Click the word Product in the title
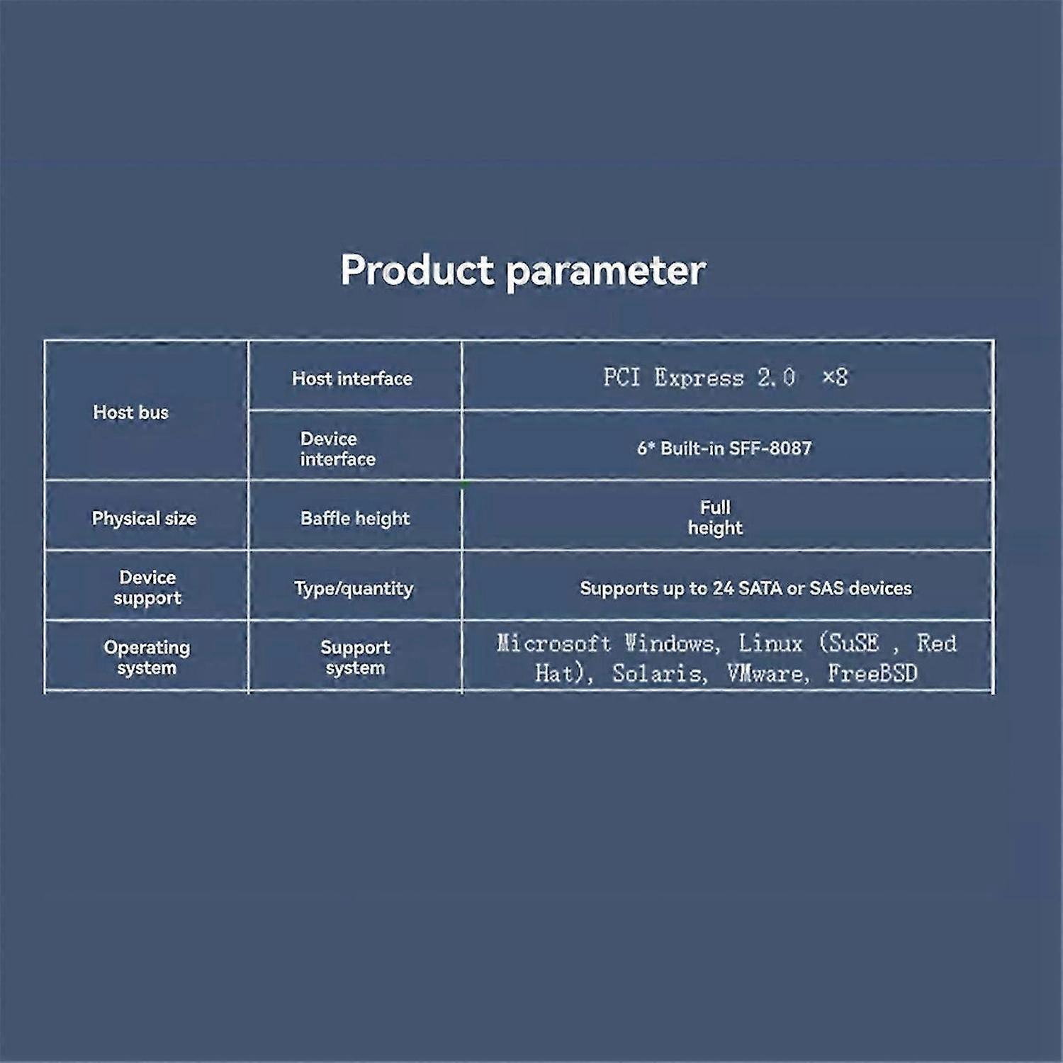(417, 270)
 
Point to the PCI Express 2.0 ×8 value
(726, 377)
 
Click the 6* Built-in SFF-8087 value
(724, 448)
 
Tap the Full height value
(715, 517)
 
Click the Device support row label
(147, 587)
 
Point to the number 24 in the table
(723, 588)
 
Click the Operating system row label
(147, 658)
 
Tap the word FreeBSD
(872, 673)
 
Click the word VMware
(767, 673)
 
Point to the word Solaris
(659, 673)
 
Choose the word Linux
(770, 643)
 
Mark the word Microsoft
(553, 643)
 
